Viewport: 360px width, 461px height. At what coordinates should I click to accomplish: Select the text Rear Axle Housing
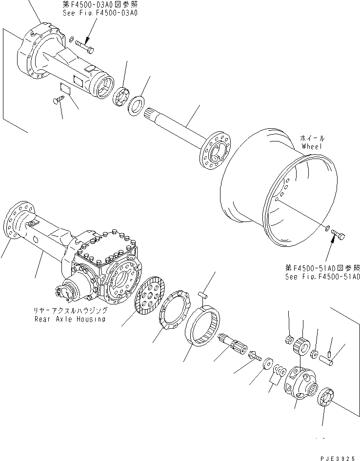69,319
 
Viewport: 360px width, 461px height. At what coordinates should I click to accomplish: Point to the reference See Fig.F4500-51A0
322,276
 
